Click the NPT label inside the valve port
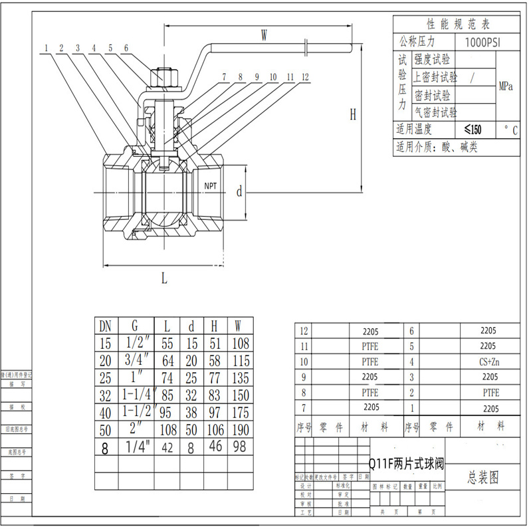(211, 185)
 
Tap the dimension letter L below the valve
(164, 278)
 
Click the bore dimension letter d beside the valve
(239, 192)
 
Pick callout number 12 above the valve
(305, 77)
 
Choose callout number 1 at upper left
(47, 48)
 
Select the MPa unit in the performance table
(506, 86)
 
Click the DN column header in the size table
(105, 326)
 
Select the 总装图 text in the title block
(483, 476)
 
